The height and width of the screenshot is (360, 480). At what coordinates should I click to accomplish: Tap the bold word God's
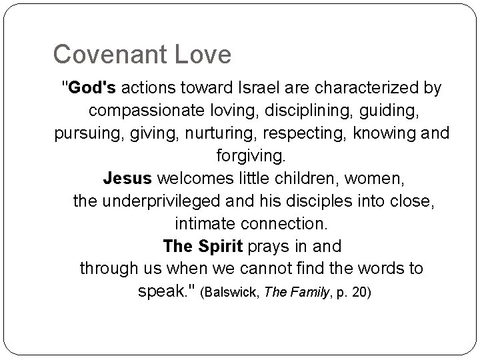[84, 87]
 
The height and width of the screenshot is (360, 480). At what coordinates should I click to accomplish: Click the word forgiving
[251, 156]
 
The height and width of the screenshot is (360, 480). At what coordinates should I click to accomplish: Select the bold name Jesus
[128, 179]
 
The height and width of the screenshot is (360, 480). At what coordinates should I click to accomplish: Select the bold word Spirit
[220, 246]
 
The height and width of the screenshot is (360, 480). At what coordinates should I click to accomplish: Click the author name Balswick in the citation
[237, 293]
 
